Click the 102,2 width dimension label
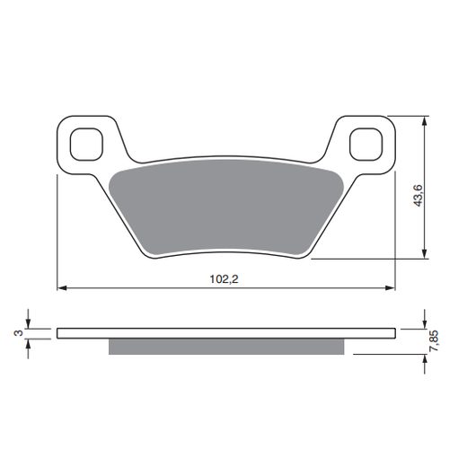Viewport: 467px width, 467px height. point(224,279)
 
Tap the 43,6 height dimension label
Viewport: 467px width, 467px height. point(418,196)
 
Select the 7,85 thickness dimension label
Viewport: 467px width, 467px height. point(434,340)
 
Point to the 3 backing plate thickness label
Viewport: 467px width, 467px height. point(19,332)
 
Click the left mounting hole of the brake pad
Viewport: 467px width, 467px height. point(86,145)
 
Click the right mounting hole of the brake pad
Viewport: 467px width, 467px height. point(366,145)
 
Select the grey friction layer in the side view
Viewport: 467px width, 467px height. point(226,347)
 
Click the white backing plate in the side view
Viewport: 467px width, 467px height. point(226,333)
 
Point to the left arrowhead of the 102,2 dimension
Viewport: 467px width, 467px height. point(61,288)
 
